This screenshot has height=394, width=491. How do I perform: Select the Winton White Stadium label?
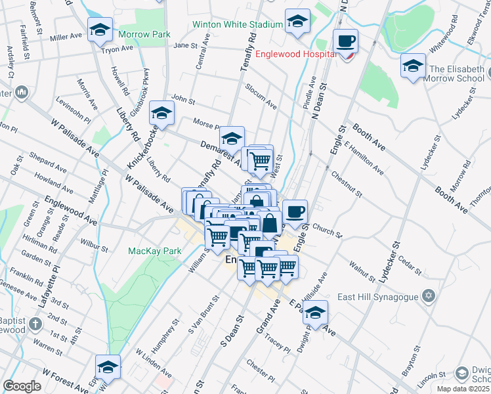[x=237, y=25]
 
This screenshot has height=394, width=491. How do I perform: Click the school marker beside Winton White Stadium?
[x=297, y=22]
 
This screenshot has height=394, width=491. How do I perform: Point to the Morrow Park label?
[x=144, y=34]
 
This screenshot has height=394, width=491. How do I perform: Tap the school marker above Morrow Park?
[x=100, y=30]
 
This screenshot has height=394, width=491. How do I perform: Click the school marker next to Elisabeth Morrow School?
[x=413, y=66]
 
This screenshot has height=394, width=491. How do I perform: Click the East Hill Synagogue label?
[x=377, y=297]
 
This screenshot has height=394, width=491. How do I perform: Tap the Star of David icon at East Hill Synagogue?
[x=429, y=296]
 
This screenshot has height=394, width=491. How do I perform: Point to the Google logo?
[x=22, y=386]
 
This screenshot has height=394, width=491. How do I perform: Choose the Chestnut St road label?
[x=347, y=184]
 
